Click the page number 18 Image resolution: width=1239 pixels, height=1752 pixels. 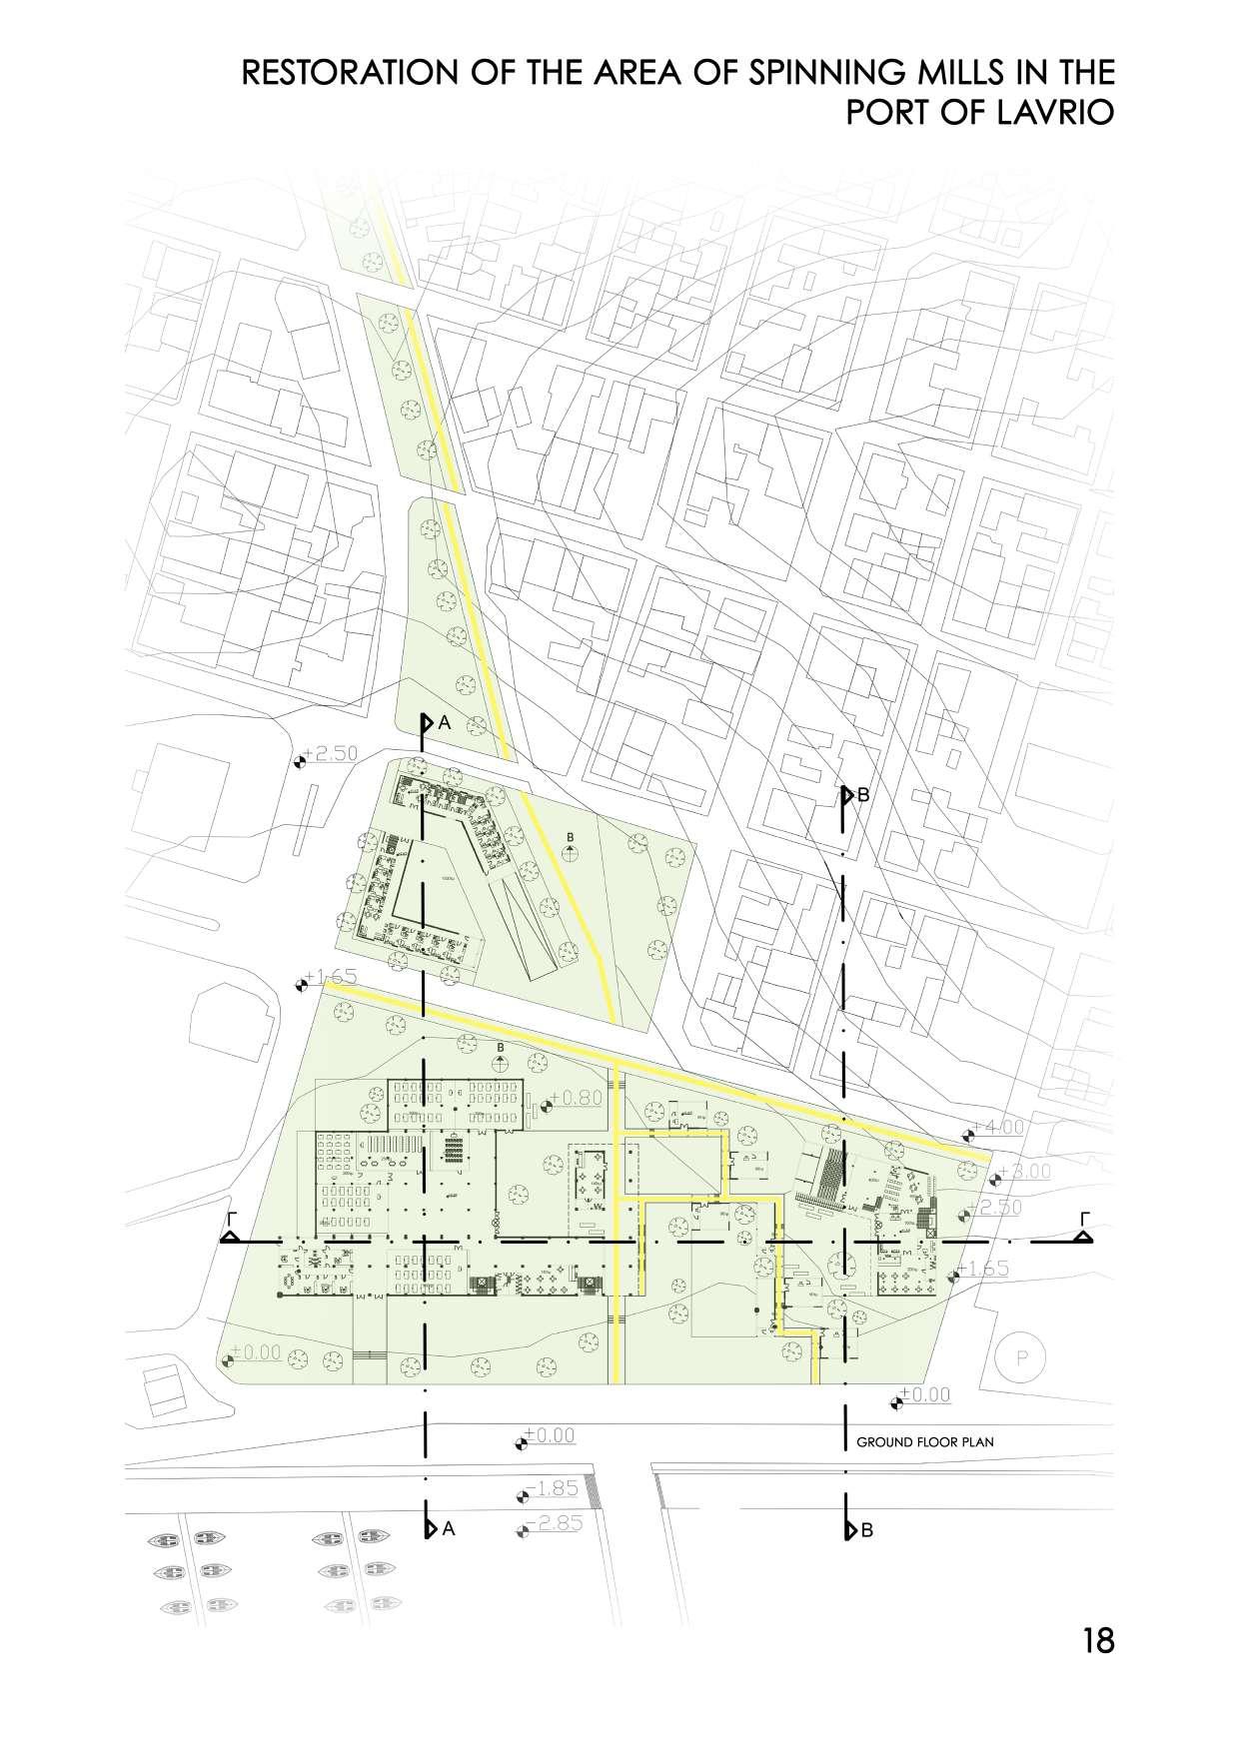[1097, 1640]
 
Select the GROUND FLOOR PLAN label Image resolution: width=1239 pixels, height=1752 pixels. [925, 1442]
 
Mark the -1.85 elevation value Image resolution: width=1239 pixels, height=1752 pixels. [556, 1488]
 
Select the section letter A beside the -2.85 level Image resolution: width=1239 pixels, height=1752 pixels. [449, 1528]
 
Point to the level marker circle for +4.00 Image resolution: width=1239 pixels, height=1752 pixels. [967, 1135]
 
